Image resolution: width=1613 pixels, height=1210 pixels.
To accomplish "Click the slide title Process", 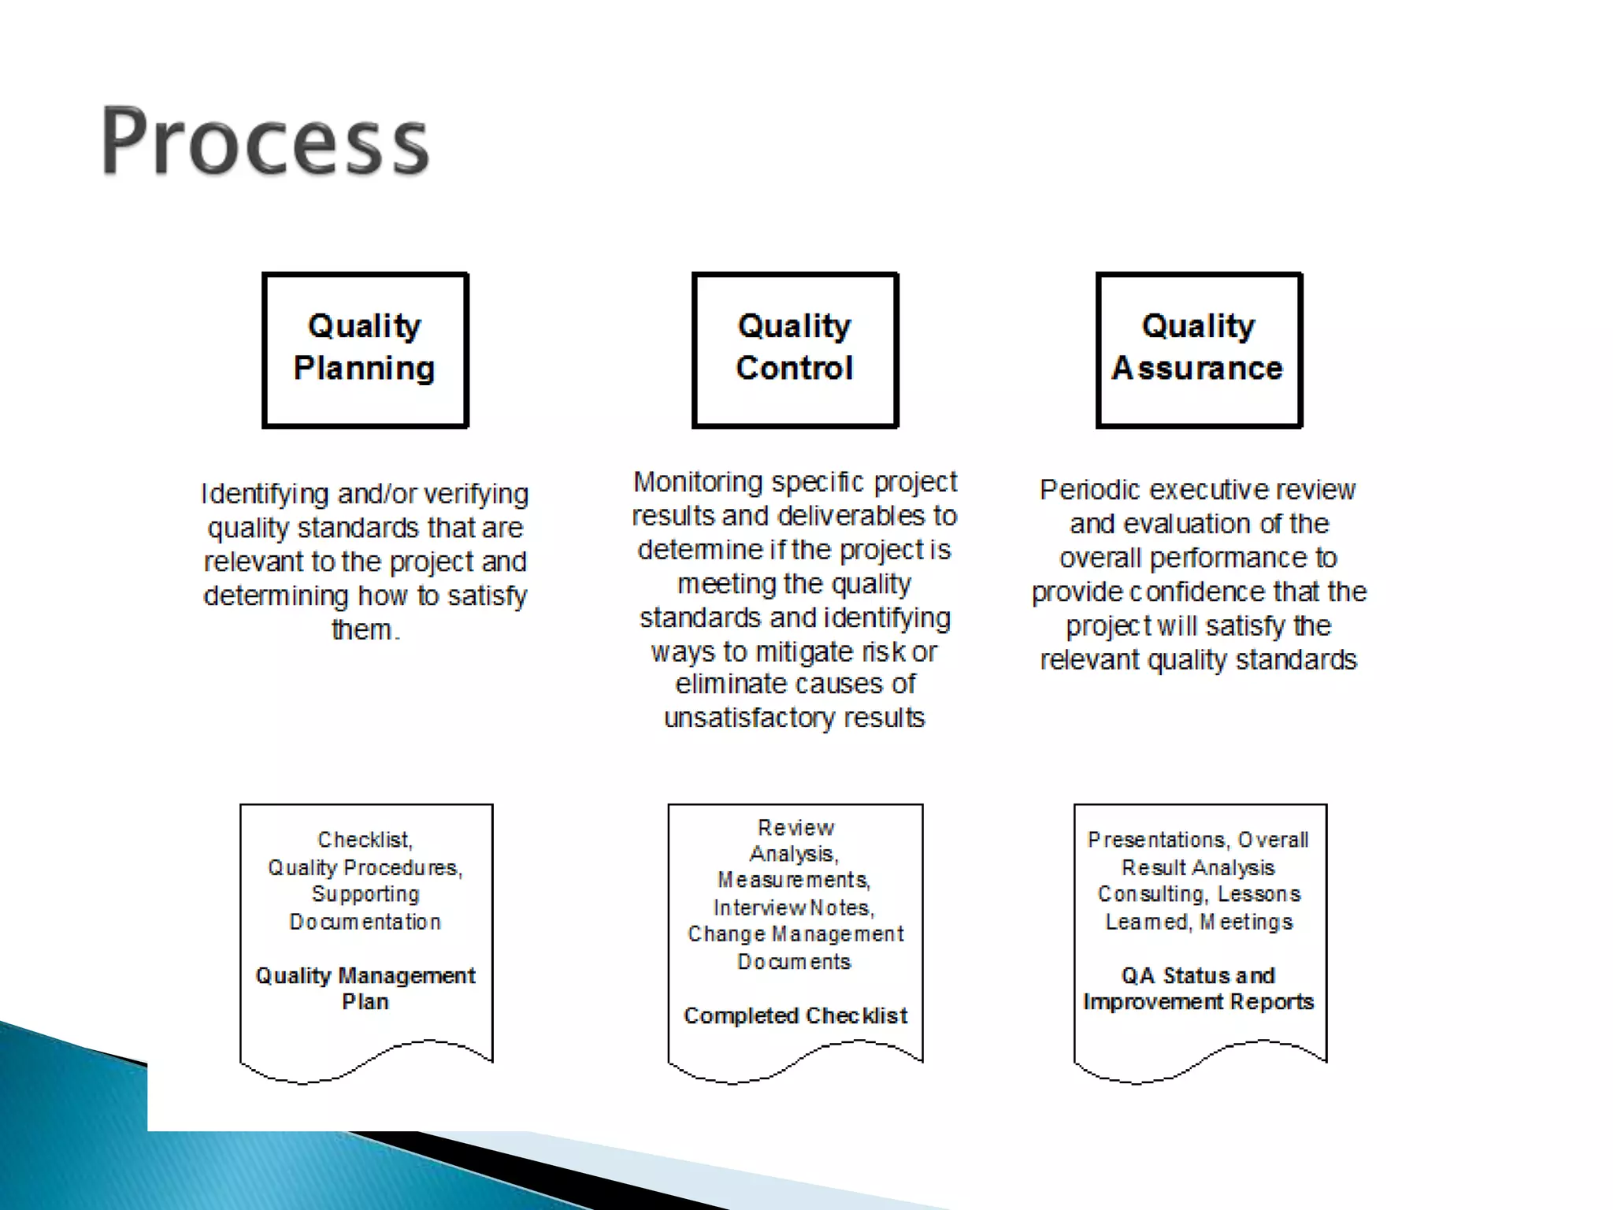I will point(265,142).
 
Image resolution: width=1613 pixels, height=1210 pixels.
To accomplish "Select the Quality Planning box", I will point(365,350).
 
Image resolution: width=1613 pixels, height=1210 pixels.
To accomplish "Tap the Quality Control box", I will point(795,350).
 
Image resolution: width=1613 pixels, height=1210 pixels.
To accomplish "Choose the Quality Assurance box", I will point(1198,350).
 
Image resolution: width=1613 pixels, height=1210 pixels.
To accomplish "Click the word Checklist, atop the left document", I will point(365,840).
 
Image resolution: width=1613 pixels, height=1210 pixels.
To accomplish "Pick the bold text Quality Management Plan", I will point(365,988).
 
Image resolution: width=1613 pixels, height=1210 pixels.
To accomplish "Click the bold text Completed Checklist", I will point(795,1015).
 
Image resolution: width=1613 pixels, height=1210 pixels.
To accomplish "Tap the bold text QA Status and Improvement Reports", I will point(1198,988).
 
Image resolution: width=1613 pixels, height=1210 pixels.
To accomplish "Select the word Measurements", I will point(793,880).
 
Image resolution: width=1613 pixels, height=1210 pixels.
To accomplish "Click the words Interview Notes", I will point(794,907).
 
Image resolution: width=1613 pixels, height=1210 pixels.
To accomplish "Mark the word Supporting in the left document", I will point(365,894).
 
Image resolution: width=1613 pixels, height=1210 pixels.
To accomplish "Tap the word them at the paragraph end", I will point(362,629).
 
